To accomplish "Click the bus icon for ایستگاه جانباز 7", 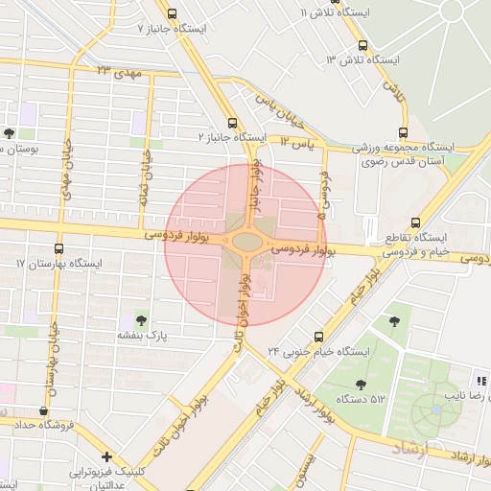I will coord(173,13).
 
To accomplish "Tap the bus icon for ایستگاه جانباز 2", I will coord(232,122).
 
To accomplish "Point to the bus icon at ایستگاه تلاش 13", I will coord(362,44).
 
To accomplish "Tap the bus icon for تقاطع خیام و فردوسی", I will coord(413,221).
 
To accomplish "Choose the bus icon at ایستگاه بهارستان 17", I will coord(59,247).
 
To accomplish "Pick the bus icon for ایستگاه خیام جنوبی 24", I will coord(319,336).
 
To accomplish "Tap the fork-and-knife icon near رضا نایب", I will coord(481,380).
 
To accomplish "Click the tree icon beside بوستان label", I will coord(9,134).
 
